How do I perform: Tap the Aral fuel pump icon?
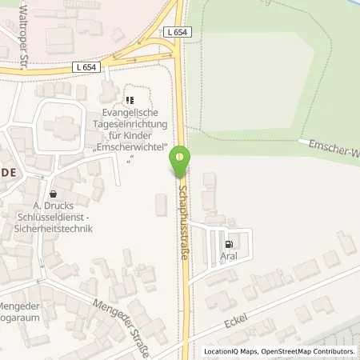click(230, 246)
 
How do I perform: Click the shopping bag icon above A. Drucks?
click(53, 194)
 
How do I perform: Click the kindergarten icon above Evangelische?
click(129, 102)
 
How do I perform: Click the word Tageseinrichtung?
click(129, 125)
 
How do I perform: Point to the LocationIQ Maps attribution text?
click(230, 351)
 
